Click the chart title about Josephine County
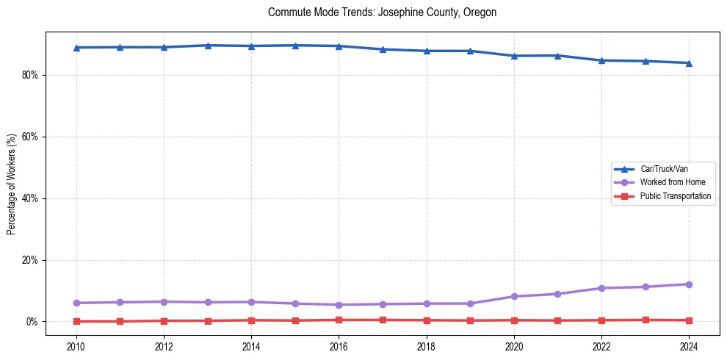(382, 12)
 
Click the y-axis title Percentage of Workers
(11, 184)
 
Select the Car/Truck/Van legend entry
(664, 169)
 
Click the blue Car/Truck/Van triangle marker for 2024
(689, 63)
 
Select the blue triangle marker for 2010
(76, 48)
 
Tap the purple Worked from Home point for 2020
(514, 296)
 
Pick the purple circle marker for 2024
(689, 284)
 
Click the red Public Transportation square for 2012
(164, 320)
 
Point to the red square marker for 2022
(601, 320)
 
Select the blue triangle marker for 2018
(427, 51)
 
